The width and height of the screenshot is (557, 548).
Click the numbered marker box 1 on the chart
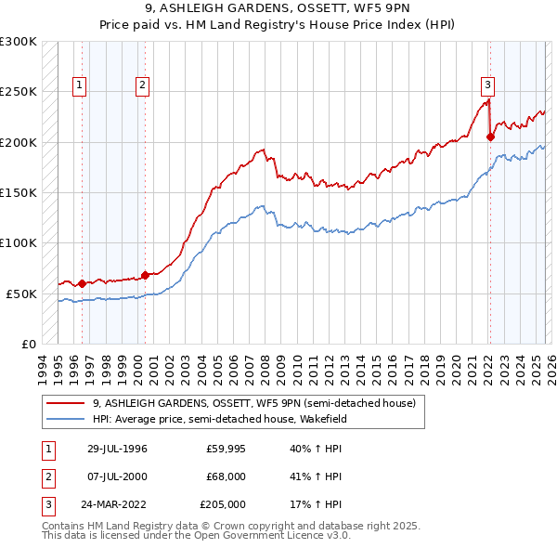pyautogui.click(x=80, y=85)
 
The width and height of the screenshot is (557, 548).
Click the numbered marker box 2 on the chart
pyautogui.click(x=143, y=85)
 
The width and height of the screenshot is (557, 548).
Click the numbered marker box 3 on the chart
pyautogui.click(x=487, y=85)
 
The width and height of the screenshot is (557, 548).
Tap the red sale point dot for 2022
pyautogui.click(x=490, y=137)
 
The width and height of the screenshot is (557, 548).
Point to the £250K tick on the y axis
pyautogui.click(x=19, y=92)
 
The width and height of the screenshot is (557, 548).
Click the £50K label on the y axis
pyautogui.click(x=21, y=294)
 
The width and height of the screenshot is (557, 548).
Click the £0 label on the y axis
pyautogui.click(x=28, y=344)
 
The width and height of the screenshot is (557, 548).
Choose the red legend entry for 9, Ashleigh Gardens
pyautogui.click(x=255, y=403)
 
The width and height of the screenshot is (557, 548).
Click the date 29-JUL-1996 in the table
pyautogui.click(x=117, y=449)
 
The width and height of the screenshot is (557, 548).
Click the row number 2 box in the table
pyautogui.click(x=47, y=476)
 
